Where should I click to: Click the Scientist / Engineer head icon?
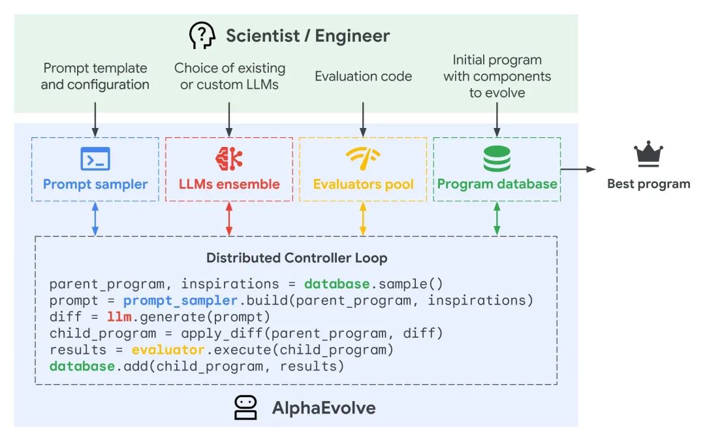(202, 35)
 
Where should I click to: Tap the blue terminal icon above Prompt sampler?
(95, 159)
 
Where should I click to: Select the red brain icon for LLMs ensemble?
(228, 159)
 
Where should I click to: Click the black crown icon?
(648, 154)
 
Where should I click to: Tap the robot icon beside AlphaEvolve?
(245, 408)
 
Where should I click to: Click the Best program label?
(648, 184)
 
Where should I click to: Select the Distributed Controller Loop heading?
(296, 257)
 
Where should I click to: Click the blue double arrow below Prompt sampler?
(95, 219)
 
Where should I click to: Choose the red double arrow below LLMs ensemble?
(228, 219)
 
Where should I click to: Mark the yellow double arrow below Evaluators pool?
(363, 219)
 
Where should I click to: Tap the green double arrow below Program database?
(497, 219)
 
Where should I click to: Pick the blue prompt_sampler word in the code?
(180, 301)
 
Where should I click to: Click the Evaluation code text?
(363, 76)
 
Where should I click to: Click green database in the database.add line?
(82, 367)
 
